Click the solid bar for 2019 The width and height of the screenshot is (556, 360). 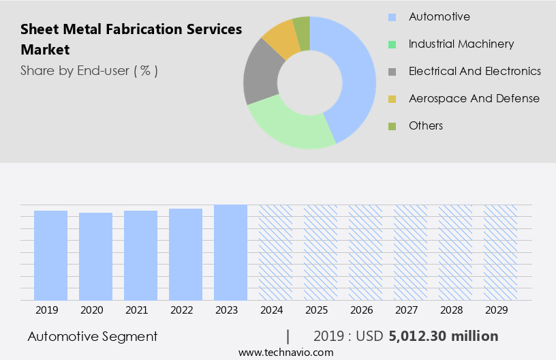pyautogui.click(x=50, y=255)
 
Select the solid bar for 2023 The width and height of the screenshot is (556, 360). pyautogui.click(x=230, y=252)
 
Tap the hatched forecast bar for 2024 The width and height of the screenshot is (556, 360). pyautogui.click(x=275, y=252)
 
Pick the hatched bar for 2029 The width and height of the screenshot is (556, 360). pyautogui.click(x=500, y=252)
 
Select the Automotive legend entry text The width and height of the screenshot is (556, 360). pyautogui.click(x=439, y=16)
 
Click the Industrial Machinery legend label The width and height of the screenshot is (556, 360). pyautogui.click(x=461, y=44)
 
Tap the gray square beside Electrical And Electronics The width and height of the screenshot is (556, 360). pyautogui.click(x=392, y=71)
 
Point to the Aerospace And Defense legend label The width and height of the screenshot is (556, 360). pyautogui.click(x=474, y=98)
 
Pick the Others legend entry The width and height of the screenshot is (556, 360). pyautogui.click(x=425, y=125)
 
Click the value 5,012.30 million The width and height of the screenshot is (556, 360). pyautogui.click(x=443, y=336)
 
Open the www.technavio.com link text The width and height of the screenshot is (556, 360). pyautogui.click(x=285, y=352)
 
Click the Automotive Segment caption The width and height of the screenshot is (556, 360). pyautogui.click(x=93, y=336)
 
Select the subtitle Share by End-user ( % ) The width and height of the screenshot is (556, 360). pyautogui.click(x=89, y=70)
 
